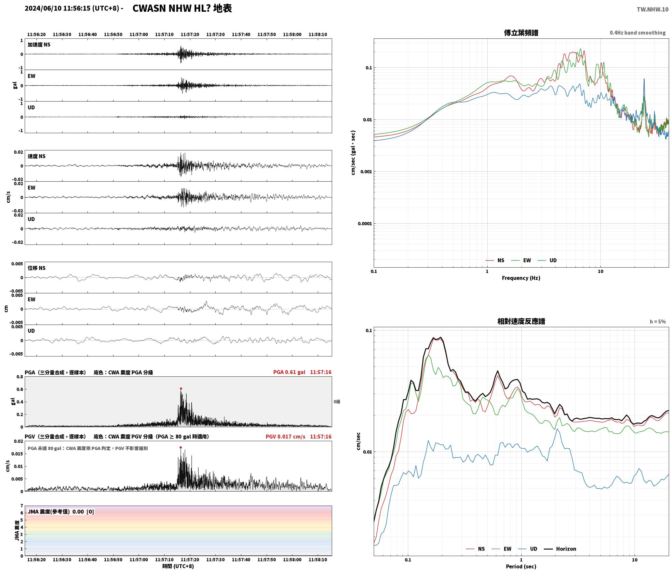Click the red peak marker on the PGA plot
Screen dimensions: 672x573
[181, 388]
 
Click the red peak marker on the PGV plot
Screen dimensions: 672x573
[181, 447]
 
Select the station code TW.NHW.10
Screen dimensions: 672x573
[652, 9]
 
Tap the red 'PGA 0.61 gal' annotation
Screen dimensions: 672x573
[289, 372]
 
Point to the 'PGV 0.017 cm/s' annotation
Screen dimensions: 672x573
[285, 437]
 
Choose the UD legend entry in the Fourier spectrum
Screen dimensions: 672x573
[547, 260]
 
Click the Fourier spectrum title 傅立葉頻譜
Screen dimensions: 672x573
[521, 33]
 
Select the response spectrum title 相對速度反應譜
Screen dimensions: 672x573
[521, 321]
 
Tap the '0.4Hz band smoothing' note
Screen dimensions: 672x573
[638, 33]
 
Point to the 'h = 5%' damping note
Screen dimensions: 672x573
[658, 322]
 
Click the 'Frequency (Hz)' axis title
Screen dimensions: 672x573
[521, 278]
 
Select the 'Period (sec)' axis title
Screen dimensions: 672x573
[521, 566]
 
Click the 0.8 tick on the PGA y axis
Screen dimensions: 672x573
[20, 377]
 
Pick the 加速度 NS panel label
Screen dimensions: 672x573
[39, 45]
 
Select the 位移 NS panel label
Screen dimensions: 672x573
[36, 268]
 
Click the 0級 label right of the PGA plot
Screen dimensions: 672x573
[337, 402]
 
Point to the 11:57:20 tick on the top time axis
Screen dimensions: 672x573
[190, 35]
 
